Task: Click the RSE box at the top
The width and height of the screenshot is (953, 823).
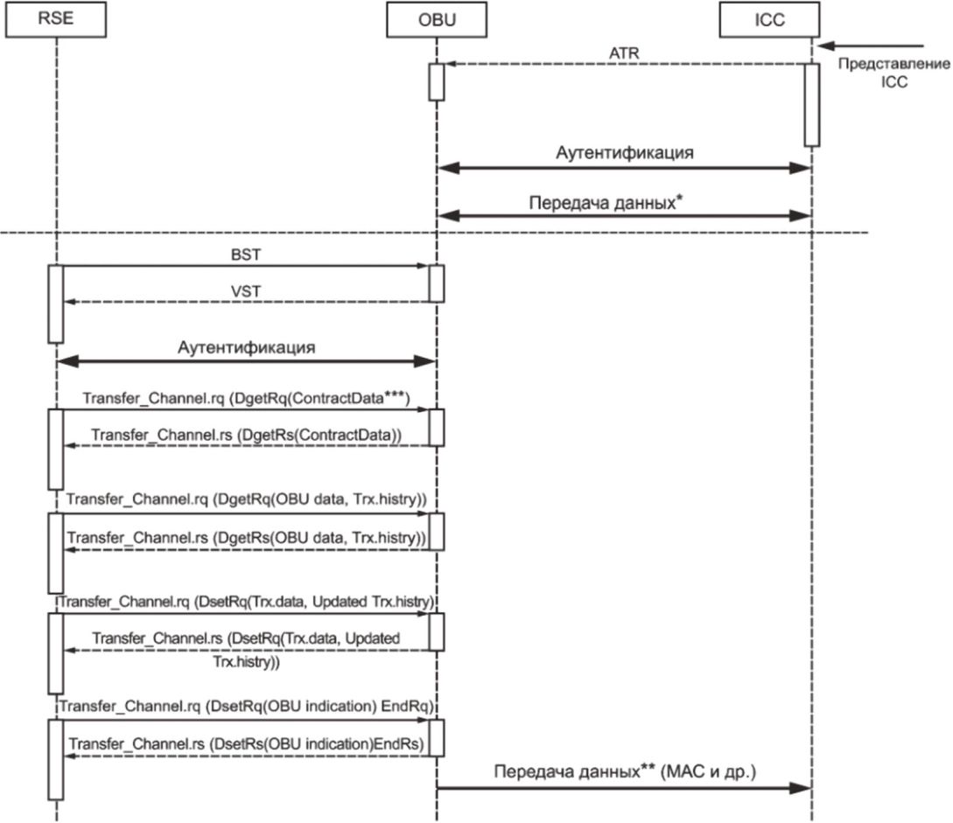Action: coord(55,20)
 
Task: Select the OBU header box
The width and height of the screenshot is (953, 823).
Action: coord(435,20)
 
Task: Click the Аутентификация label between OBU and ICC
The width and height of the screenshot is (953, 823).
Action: coord(625,153)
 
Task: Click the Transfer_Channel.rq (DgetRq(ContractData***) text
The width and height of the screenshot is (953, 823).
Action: coord(248,397)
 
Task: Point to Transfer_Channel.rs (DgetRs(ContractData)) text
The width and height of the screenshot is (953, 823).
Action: coord(246,434)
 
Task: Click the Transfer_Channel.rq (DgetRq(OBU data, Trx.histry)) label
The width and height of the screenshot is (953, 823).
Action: coord(246,499)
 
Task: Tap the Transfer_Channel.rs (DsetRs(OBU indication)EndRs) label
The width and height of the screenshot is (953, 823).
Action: coord(246,744)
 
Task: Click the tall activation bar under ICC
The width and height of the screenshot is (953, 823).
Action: coord(811,104)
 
